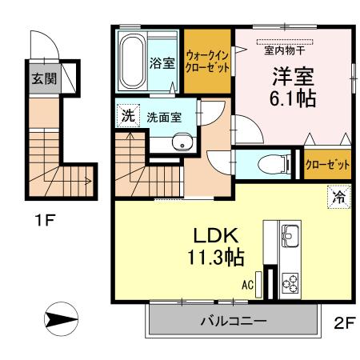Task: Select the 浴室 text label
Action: (162, 63)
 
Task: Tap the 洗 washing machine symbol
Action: (126, 115)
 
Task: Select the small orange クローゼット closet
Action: (327, 164)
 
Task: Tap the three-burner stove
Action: (290, 283)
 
